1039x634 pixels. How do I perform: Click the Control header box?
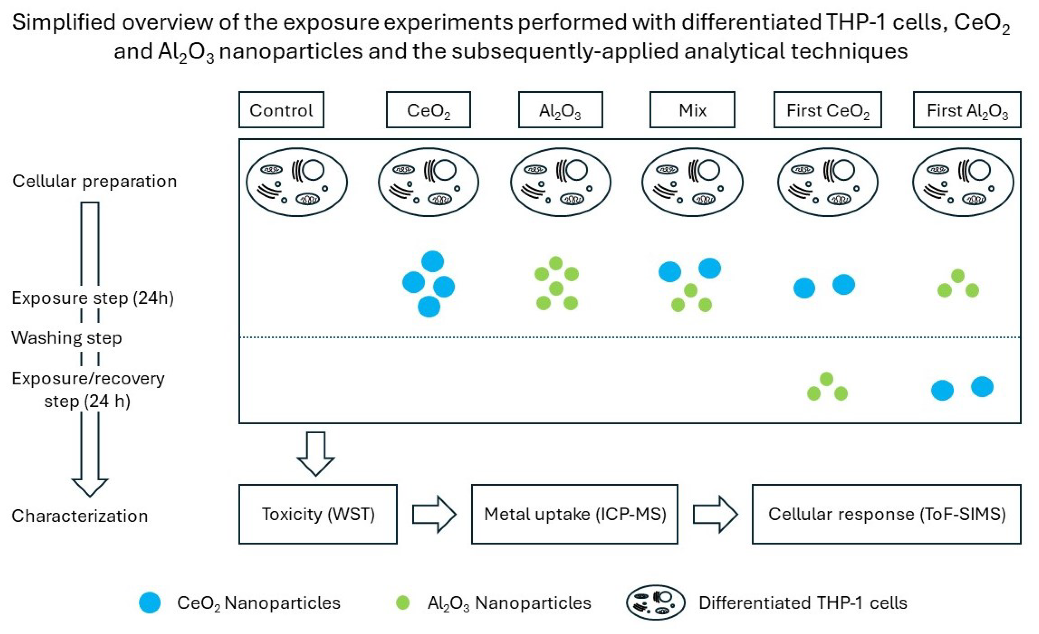[x=281, y=110]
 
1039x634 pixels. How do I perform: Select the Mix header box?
[x=692, y=110]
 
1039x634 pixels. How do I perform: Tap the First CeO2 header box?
[x=827, y=110]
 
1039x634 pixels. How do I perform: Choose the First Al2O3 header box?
[x=967, y=110]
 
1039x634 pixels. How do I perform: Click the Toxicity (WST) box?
[x=318, y=514]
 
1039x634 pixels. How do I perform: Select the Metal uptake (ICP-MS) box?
[x=574, y=514]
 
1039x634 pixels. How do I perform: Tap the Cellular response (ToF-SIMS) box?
[x=886, y=514]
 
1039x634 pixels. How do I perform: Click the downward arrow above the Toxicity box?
[x=316, y=453]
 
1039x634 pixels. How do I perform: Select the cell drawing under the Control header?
[x=297, y=182]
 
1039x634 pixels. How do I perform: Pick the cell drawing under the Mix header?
[x=692, y=182]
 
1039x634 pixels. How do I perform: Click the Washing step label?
[x=67, y=338]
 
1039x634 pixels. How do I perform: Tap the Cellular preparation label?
[x=94, y=181]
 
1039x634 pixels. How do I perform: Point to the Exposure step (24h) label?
[x=93, y=298]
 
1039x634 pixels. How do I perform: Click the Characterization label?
[x=80, y=516]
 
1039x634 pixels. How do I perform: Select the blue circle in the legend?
[x=150, y=603]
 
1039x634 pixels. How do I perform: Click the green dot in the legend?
[x=403, y=603]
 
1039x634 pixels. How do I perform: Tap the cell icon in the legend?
[x=656, y=603]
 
